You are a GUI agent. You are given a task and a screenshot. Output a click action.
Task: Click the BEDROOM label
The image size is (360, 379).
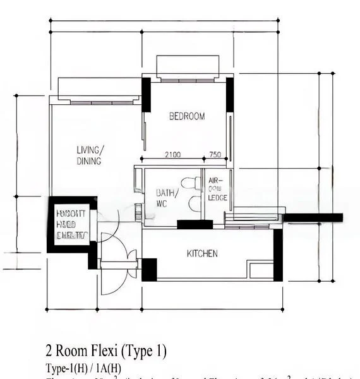[187, 116]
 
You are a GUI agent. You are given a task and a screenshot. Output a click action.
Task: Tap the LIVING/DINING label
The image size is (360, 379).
[89, 155]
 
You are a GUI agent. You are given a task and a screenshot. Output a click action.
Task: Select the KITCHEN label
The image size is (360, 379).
[202, 254]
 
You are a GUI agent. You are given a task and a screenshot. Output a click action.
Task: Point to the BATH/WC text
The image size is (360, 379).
[167, 198]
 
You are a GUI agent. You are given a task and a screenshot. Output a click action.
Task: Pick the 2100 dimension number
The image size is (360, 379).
[173, 155]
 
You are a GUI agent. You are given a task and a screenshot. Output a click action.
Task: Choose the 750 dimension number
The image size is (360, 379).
[215, 155]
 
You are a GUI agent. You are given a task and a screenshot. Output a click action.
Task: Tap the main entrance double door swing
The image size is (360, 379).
[119, 272]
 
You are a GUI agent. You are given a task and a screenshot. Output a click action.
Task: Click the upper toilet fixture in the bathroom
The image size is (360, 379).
[195, 184]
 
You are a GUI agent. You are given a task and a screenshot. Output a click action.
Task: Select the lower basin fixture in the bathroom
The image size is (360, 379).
[194, 203]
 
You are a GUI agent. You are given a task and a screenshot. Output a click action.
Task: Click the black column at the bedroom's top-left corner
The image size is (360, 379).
[146, 95]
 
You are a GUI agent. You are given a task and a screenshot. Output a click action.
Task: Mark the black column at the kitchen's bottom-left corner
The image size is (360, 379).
[149, 270]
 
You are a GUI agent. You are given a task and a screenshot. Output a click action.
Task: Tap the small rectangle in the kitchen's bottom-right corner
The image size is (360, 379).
[261, 271]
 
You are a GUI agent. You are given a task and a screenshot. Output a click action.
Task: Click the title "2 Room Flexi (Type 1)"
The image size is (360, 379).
[106, 351]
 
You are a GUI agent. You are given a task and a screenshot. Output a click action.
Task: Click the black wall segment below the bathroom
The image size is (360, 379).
[195, 224]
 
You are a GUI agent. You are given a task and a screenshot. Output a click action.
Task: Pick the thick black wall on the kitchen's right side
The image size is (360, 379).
[277, 255]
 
